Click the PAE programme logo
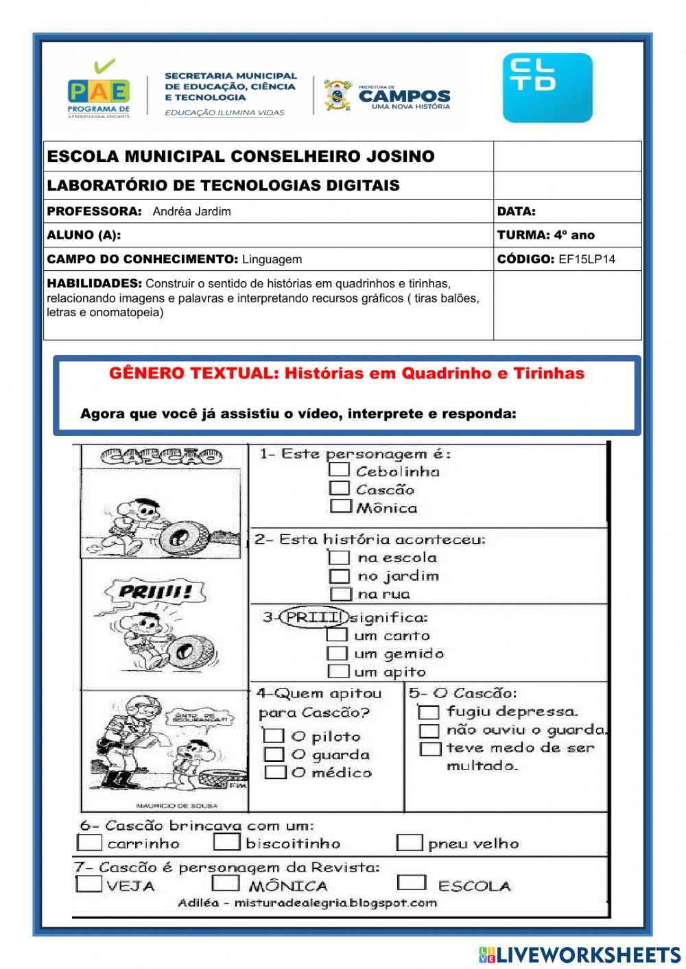point(99,89)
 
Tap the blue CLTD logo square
point(547,88)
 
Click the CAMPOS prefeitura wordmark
point(404,96)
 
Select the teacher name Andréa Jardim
point(191,212)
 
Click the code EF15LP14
point(587,259)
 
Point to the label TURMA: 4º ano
point(545,235)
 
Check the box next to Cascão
point(340,488)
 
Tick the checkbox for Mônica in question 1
point(340,507)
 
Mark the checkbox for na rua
point(340,594)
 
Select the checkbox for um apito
point(338,671)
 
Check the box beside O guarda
point(274,754)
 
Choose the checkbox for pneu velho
point(410,843)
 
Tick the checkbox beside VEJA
point(89,884)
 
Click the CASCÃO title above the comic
point(162,456)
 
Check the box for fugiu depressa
point(429,712)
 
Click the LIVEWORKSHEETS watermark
point(579,955)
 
